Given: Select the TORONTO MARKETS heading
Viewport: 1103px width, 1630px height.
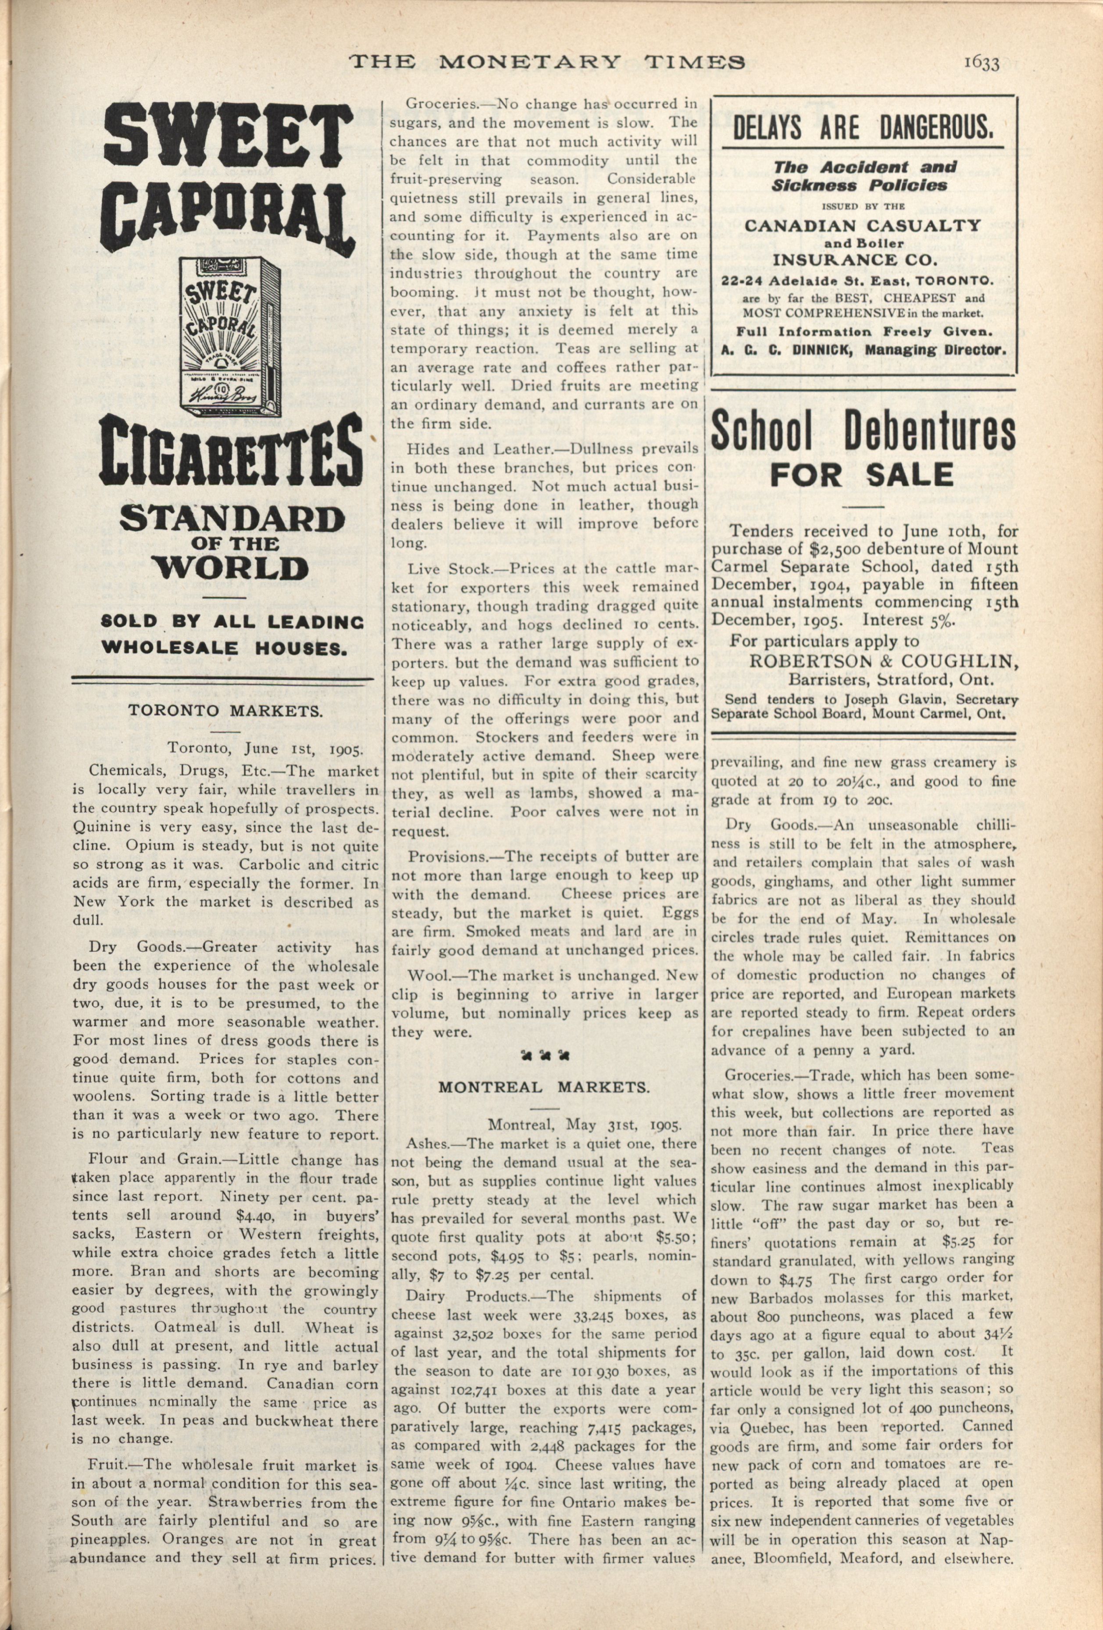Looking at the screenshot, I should click(225, 711).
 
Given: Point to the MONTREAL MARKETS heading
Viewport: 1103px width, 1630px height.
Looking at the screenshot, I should click(544, 1087).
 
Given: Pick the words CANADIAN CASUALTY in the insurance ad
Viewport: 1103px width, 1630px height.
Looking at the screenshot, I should click(862, 225).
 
